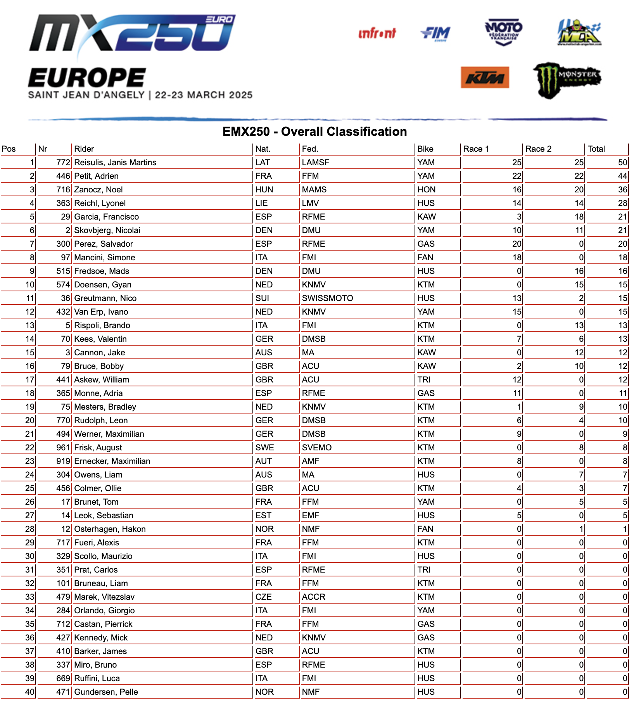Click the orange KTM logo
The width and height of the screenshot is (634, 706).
(485, 78)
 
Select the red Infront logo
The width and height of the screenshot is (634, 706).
(377, 33)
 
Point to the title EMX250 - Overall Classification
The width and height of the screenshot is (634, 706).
(314, 132)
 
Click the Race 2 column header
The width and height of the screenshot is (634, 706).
(538, 149)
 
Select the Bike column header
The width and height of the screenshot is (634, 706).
(425, 149)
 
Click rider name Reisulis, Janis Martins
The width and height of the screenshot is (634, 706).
(115, 163)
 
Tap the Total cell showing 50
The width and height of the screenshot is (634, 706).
(622, 163)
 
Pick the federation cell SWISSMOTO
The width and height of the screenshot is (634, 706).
(327, 298)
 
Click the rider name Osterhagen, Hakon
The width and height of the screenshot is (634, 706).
(110, 529)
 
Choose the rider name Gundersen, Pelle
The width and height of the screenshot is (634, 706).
(106, 692)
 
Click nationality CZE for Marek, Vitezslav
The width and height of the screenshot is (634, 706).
(263, 597)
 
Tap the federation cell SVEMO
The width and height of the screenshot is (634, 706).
(316, 448)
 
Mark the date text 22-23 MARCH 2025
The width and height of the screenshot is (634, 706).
(204, 95)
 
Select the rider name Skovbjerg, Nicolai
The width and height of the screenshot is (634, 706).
(107, 230)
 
